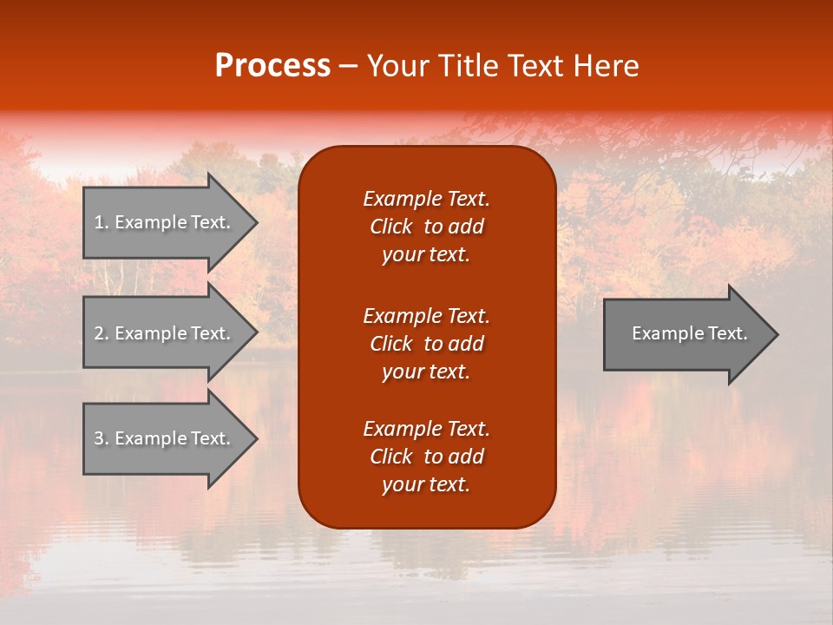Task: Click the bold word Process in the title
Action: click(x=272, y=66)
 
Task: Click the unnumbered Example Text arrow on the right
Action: click(x=689, y=333)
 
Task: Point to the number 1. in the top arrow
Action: click(x=102, y=222)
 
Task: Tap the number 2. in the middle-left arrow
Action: click(x=102, y=333)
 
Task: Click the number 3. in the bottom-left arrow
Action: click(x=102, y=438)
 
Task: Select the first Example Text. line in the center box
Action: click(x=426, y=199)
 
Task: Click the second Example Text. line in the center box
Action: click(x=426, y=315)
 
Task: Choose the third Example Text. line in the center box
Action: click(x=426, y=429)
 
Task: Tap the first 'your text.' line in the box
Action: click(x=426, y=254)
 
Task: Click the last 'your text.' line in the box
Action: click(x=426, y=484)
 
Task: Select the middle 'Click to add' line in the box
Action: click(x=426, y=344)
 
